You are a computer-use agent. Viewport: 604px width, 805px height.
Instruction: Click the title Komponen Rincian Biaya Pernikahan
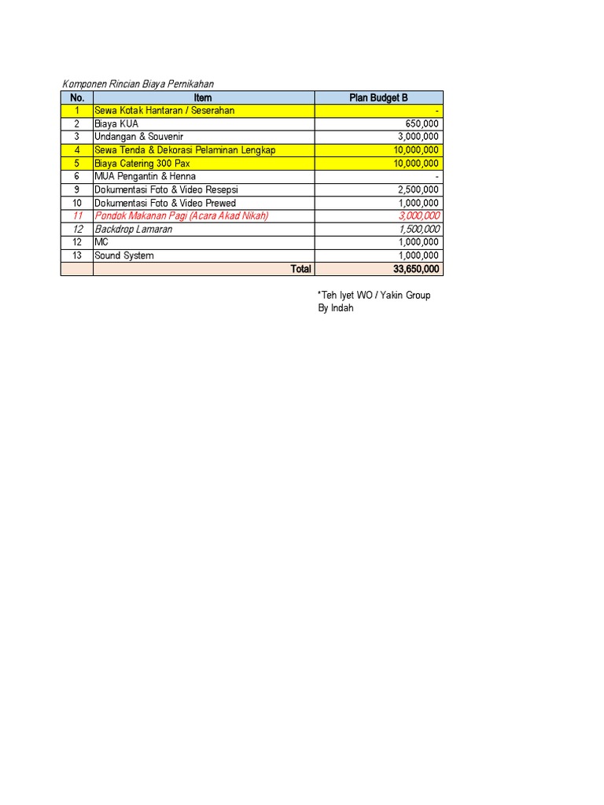coord(138,84)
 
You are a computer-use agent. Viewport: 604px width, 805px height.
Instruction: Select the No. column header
coord(76,97)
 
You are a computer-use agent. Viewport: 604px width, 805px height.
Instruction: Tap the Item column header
coord(203,97)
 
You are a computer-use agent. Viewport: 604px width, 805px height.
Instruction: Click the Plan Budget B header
coord(378,97)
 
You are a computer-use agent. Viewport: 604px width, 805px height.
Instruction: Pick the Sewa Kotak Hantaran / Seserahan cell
coord(164,111)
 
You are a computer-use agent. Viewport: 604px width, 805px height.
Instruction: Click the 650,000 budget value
coord(422,124)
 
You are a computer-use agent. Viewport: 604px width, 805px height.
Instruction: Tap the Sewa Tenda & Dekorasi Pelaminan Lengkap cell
coord(185,150)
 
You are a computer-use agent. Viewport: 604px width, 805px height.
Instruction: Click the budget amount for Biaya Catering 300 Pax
coord(417,164)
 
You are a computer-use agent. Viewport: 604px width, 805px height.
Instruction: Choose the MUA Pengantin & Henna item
coord(145,177)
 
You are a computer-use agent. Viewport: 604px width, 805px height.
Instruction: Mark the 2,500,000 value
coord(419,189)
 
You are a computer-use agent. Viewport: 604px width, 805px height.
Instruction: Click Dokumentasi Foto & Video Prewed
coord(165,203)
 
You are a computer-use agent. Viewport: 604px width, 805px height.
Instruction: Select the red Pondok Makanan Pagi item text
coord(181,216)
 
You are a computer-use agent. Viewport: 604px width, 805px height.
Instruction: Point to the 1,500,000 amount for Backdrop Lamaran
coord(419,230)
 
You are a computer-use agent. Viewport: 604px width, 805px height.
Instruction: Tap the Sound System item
coord(124,255)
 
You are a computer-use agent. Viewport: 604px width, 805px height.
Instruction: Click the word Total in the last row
coord(300,269)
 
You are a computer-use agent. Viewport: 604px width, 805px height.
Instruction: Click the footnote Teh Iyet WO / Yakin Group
coord(374,296)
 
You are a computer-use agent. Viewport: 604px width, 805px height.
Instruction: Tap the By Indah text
coord(336,308)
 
